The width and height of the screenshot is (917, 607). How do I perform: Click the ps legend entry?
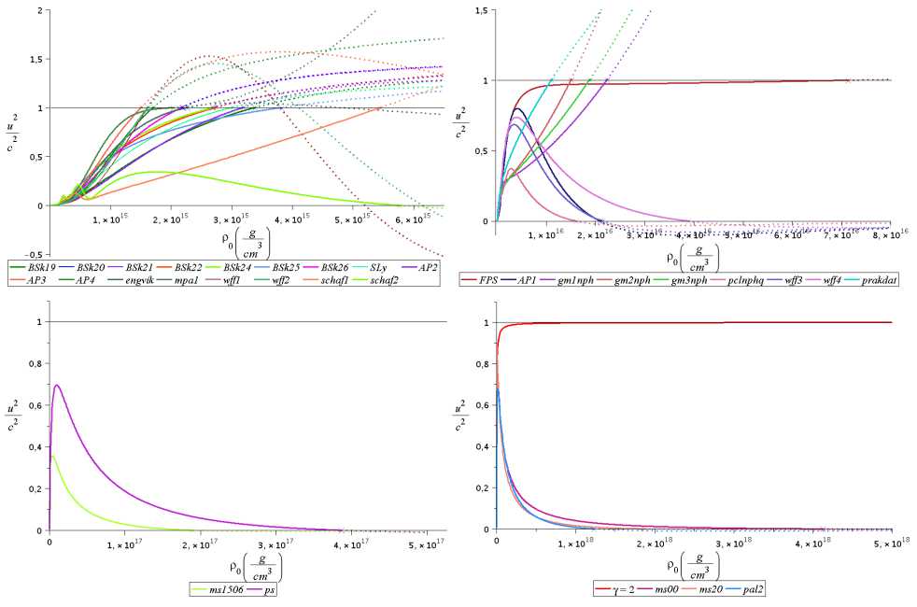coord(273,589)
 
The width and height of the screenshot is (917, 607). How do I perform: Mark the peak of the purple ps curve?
coord(58,385)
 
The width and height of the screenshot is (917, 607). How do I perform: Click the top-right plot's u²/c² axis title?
coord(460,123)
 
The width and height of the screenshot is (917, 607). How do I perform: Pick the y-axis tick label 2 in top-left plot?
coord(35,10)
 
